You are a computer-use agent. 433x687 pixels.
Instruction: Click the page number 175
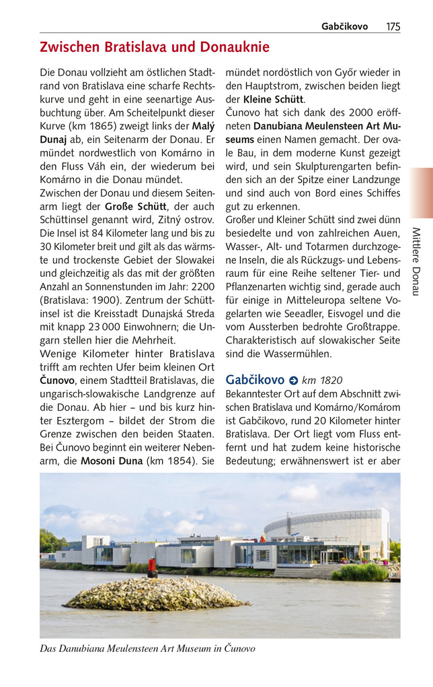[393, 26]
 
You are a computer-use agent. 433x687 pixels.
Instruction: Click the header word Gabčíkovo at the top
[344, 26]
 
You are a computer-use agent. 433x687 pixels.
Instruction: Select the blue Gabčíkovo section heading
[255, 380]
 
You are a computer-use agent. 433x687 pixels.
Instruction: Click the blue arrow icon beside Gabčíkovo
[293, 381]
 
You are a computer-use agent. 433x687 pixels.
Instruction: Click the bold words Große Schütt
[136, 206]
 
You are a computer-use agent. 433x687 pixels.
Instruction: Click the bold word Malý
[203, 126]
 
